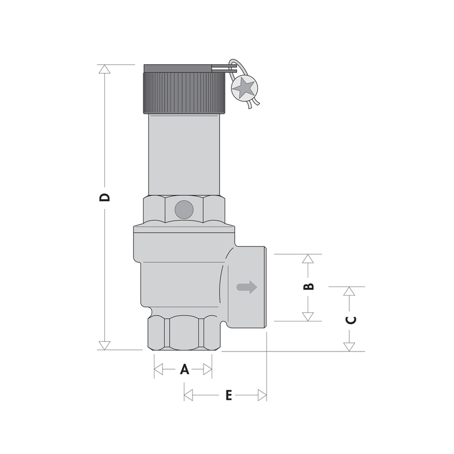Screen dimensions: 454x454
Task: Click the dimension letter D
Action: (x=105, y=197)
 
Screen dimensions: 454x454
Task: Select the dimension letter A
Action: (x=184, y=370)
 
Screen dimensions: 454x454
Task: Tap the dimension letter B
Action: (x=309, y=287)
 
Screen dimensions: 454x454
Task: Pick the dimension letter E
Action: (x=228, y=395)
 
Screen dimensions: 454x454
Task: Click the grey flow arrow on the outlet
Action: (x=247, y=287)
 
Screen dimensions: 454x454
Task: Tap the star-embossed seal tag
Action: (x=245, y=87)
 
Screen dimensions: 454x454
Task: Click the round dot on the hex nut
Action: (x=184, y=209)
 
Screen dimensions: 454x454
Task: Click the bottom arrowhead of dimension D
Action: (x=105, y=345)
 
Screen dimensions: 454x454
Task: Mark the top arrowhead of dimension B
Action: (x=307, y=259)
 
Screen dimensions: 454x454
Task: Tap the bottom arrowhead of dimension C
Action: (x=349, y=347)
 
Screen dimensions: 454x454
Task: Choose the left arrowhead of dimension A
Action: (x=158, y=370)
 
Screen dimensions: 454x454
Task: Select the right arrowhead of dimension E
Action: (x=262, y=395)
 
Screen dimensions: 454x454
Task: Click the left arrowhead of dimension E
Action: (x=188, y=395)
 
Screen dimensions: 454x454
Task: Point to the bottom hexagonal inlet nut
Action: (x=184, y=333)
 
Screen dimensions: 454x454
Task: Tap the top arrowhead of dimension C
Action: (x=349, y=292)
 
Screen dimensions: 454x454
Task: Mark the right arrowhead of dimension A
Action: (x=207, y=370)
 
